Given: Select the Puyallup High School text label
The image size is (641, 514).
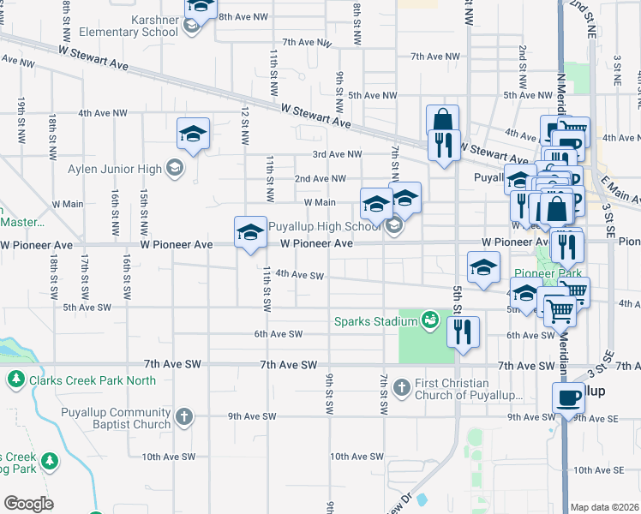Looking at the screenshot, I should tap(324, 227).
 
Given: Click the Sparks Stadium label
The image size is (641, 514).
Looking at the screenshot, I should tap(375, 322).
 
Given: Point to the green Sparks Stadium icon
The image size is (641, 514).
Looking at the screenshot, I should tap(430, 322).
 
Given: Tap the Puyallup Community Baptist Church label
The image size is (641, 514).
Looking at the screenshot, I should tap(116, 418).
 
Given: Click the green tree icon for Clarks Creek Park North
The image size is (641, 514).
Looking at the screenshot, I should tap(15, 379).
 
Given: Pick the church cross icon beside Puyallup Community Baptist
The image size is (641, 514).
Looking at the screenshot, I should tap(183, 418).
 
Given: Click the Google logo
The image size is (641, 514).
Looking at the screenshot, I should tap(28, 504).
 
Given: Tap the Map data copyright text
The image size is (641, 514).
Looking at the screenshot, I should tap(603, 507).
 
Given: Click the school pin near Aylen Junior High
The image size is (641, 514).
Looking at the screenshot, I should tap(194, 134).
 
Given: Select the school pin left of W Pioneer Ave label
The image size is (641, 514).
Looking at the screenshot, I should tap(250, 232).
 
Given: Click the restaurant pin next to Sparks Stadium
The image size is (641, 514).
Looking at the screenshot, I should tap(463, 331).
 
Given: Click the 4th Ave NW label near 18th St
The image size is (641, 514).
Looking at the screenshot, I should tap(102, 112).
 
